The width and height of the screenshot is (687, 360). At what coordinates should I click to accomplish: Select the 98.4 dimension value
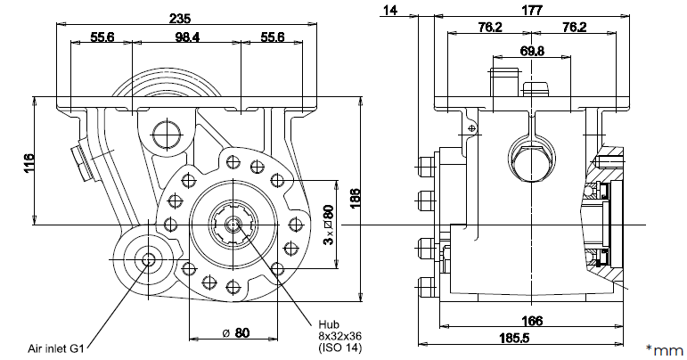pos(186,37)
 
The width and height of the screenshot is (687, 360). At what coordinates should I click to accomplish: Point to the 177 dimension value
pos(533,11)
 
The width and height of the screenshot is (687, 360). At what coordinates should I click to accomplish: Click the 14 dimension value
pos(388,11)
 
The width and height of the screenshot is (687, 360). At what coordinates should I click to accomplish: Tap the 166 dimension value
pos(531,322)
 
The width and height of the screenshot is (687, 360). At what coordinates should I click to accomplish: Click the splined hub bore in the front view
pos(233,225)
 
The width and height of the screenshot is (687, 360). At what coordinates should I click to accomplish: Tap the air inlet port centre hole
pos(148,259)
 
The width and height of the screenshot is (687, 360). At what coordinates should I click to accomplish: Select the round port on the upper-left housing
pos(166,135)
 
